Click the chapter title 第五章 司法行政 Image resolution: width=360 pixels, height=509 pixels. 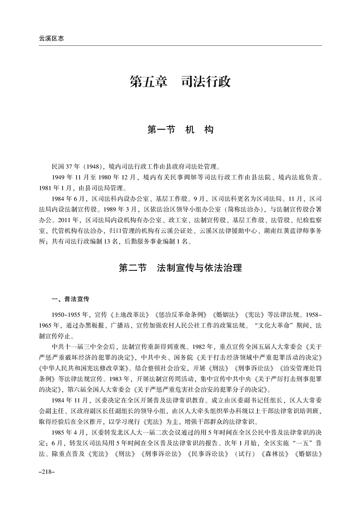pyautogui.click(x=180, y=82)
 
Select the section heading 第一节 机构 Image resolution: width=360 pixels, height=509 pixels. pyautogui.click(x=180, y=130)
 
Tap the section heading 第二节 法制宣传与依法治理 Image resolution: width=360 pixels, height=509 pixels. pyautogui.click(x=180, y=268)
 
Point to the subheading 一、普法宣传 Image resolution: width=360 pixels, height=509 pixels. pyautogui.click(x=70, y=299)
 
